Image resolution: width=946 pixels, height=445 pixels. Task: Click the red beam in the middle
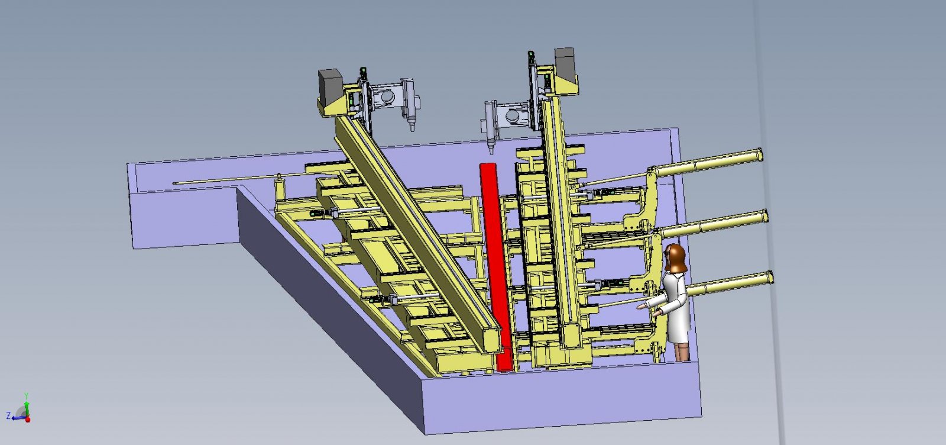click(x=496, y=266)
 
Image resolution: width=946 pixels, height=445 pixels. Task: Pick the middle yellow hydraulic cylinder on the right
click(x=713, y=224)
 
